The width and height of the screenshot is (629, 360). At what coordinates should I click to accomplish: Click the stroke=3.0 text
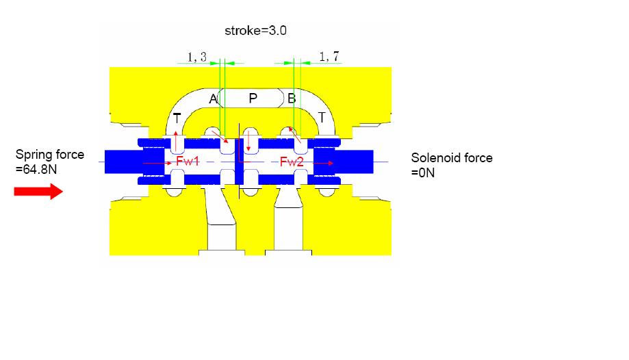[255, 31]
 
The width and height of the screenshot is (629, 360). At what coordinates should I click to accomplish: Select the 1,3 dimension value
[197, 57]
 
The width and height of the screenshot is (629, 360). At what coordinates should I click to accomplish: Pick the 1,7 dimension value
[329, 57]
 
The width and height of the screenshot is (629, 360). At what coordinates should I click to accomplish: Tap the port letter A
[213, 99]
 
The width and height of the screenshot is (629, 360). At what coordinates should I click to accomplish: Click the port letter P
[253, 99]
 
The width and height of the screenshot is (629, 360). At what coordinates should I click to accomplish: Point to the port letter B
[292, 99]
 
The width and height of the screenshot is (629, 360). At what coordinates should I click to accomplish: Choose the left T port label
[177, 118]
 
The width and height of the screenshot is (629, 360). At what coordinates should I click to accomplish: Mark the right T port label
[321, 118]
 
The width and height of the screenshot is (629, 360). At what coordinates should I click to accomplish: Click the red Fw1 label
[188, 162]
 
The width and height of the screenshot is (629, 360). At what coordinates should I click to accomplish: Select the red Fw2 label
[292, 162]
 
